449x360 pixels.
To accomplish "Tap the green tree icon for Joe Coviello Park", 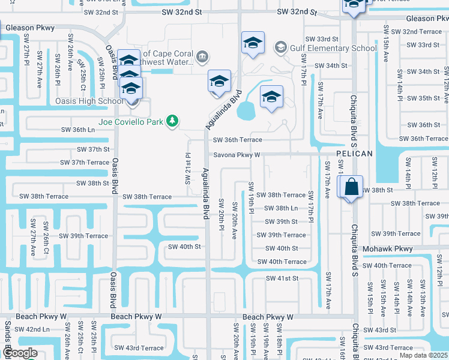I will click(172, 121).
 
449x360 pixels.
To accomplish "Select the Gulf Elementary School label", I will click(334, 48).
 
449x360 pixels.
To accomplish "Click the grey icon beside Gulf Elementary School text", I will click(281, 47).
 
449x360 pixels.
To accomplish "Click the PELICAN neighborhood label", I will click(354, 154).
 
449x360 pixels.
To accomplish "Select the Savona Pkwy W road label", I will click(238, 154).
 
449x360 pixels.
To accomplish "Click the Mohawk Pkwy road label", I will click(388, 248).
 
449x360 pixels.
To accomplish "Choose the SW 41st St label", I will click(282, 278).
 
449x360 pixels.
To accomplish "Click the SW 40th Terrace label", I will click(282, 262).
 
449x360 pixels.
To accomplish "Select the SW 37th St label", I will click(93, 149).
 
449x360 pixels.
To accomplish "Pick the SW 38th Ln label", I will click(282, 208).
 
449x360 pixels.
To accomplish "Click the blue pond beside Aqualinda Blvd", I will click(246, 110).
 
